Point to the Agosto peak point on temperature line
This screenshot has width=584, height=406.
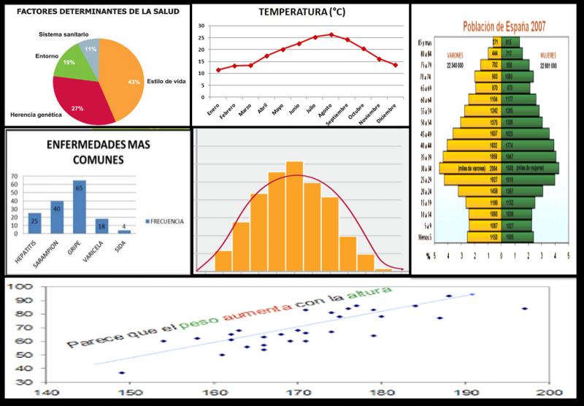pos(331,34)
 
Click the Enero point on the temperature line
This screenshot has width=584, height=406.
pos(218,70)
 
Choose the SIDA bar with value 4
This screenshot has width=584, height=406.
pos(124,231)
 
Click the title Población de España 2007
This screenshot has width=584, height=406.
pos(504,26)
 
